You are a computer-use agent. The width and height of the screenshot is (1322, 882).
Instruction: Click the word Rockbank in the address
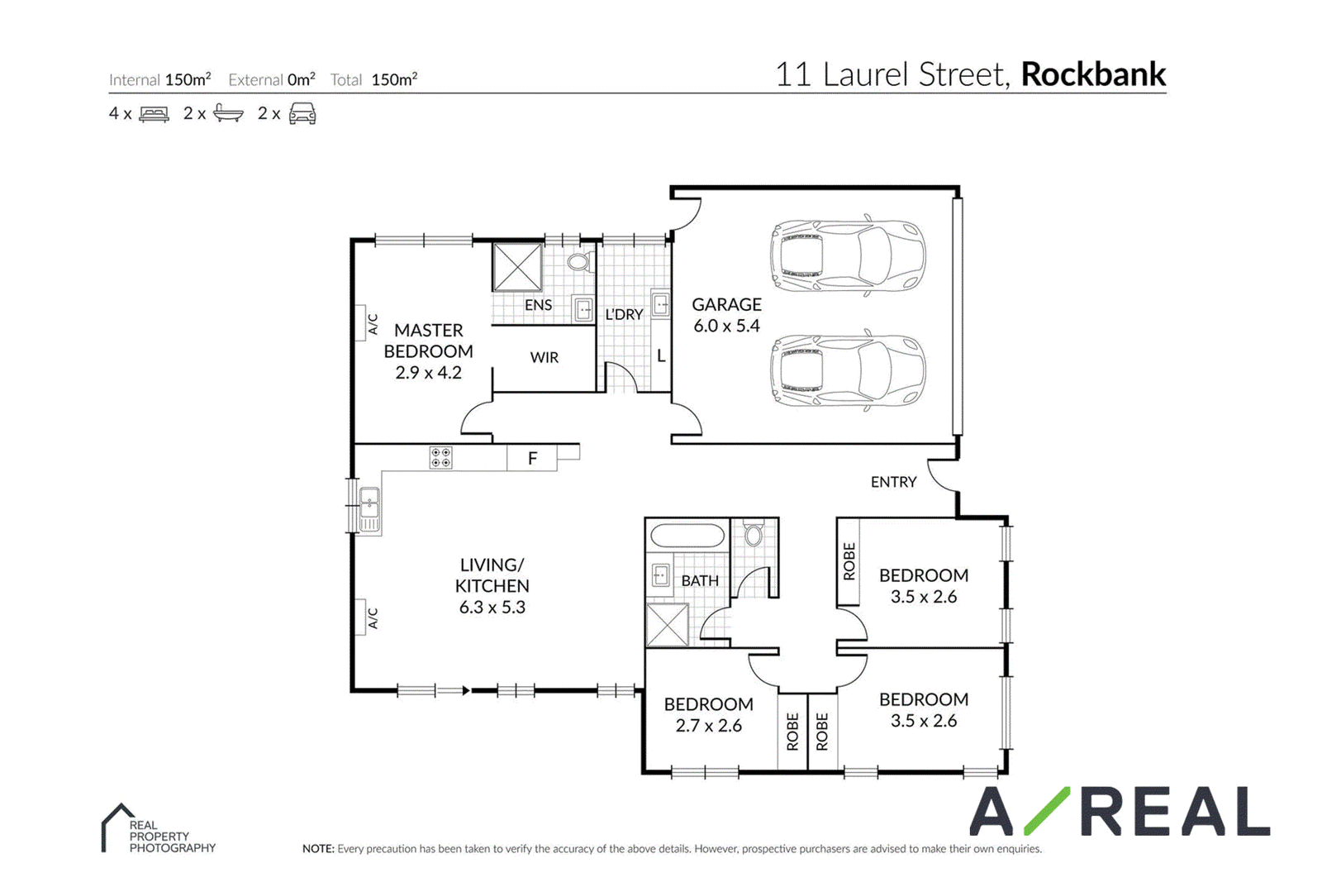pos(1093,75)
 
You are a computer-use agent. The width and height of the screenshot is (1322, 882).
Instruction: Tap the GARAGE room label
pos(726,305)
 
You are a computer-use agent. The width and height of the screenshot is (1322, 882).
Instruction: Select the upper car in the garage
pos(848,255)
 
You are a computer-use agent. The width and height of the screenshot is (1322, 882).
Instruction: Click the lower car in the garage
pos(848,370)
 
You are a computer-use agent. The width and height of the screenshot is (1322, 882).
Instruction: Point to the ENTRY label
pos(893,482)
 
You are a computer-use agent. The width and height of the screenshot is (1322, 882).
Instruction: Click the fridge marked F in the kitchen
pos(532,458)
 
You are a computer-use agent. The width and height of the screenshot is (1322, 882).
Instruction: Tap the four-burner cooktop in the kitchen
pos(441,458)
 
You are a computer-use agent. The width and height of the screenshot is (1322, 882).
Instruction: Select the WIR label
pos(544,358)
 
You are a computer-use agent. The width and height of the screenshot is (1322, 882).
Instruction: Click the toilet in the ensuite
pos(579,261)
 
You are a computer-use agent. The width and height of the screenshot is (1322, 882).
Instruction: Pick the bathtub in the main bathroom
pos(687,536)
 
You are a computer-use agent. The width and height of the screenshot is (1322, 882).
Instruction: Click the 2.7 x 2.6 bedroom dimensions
pos(708,726)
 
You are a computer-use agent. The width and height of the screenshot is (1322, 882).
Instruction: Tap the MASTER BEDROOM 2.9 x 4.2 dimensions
pos(429,373)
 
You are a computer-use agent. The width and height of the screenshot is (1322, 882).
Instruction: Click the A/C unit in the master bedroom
pos(360,323)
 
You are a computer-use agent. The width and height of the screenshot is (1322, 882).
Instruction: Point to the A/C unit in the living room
pos(360,617)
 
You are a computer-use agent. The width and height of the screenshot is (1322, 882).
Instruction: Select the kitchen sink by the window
pos(369,510)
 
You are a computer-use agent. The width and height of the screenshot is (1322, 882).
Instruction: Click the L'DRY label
pos(624,315)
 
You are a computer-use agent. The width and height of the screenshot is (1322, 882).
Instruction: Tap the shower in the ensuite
pos(517,268)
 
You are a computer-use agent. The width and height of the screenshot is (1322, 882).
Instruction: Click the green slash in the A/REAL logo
pos(1047,811)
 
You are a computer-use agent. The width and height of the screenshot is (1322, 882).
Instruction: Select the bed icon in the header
pos(154,114)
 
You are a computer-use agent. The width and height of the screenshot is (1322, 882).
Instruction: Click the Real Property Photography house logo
pos(118,827)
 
